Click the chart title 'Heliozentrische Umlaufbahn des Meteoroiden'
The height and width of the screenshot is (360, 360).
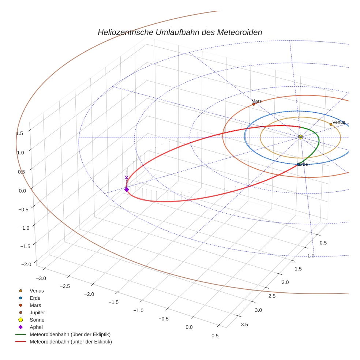pos(180,32)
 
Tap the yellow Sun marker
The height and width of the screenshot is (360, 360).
pos(300,137)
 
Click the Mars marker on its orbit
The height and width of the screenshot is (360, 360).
pos(254,104)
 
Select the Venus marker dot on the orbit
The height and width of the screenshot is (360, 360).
pos(331,124)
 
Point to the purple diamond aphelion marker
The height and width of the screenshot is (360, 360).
pos(127,190)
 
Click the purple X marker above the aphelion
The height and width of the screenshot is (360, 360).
pos(127,177)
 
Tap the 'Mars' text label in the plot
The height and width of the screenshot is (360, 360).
pos(256,101)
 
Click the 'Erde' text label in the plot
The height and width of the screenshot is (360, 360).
pos(303,164)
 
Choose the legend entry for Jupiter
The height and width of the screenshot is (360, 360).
pos(37,312)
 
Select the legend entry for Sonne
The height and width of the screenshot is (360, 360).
pos(37,320)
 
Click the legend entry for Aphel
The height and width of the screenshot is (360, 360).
pos(36,327)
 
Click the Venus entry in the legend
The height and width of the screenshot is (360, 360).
pos(37,290)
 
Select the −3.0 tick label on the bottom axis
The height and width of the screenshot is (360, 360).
pos(41,278)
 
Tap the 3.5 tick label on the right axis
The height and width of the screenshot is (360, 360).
pos(244,325)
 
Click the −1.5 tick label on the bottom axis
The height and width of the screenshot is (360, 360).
pos(113,302)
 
